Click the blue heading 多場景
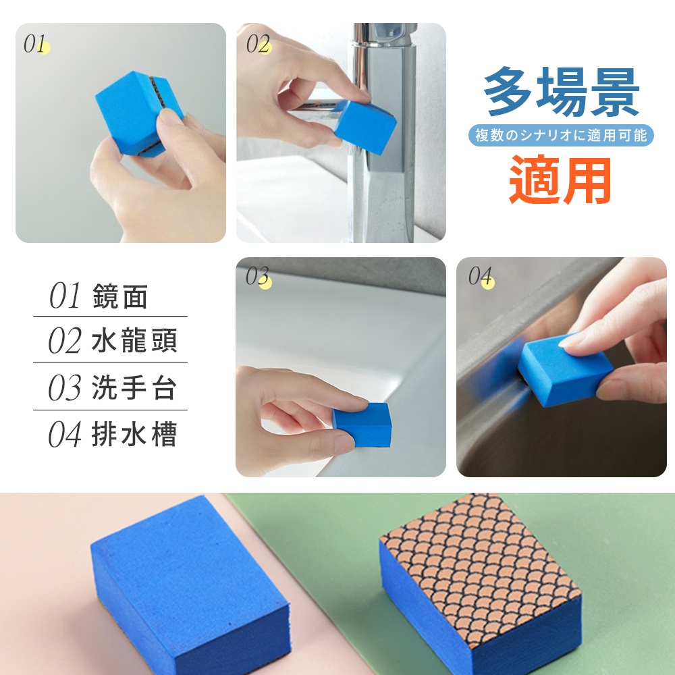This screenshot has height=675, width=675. (x=562, y=92)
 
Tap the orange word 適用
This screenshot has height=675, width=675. (x=560, y=180)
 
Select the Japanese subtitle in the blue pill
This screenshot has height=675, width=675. (x=561, y=135)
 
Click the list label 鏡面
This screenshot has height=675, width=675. (x=120, y=296)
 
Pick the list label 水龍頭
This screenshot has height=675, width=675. (x=134, y=340)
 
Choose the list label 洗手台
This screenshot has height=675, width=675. (x=134, y=387)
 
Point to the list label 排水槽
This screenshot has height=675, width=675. (x=134, y=434)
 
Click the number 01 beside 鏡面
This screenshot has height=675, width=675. (x=65, y=296)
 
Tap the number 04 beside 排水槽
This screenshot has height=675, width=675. (x=65, y=434)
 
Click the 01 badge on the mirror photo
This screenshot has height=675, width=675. (x=36, y=44)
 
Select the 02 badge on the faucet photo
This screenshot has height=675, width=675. (x=259, y=44)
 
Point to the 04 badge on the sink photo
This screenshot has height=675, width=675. (x=481, y=276)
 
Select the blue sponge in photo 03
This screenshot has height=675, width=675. (x=362, y=424)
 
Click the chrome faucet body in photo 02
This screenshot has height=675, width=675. (x=384, y=129)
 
